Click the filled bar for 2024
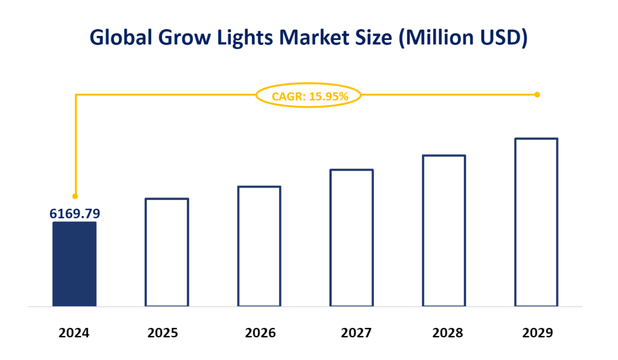click(74, 264)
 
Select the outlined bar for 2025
click(167, 252)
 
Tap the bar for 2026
click(259, 246)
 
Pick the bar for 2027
click(352, 238)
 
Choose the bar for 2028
click(444, 230)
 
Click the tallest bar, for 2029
click(537, 222)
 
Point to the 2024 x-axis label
click(74, 333)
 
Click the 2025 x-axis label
click(163, 333)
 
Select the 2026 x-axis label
click(260, 333)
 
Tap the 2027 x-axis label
click(356, 333)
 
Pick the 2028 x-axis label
click(447, 333)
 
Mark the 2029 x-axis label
click(538, 333)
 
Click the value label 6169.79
click(75, 214)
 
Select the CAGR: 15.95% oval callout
click(309, 96)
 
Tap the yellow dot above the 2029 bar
click(537, 94)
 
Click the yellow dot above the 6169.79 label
click(75, 195)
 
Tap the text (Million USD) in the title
click(463, 38)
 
